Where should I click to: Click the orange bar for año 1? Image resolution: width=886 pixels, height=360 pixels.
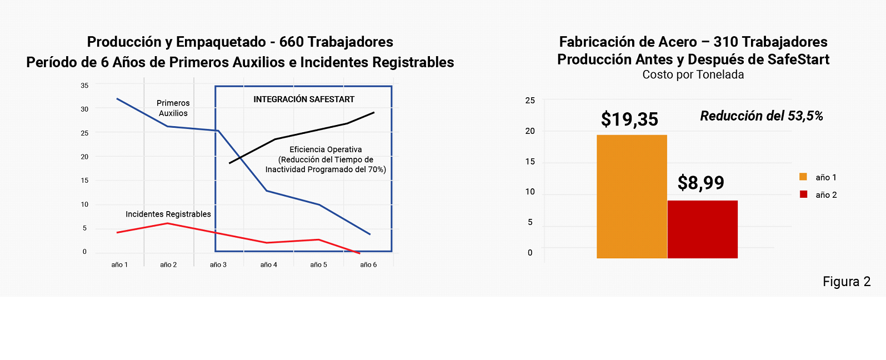632,197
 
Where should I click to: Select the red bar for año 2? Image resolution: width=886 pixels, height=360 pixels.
703,229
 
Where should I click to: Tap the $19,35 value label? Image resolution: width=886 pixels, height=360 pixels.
629,119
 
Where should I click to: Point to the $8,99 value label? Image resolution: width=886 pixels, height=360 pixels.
701,183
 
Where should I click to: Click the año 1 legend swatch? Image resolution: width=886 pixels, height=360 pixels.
803,177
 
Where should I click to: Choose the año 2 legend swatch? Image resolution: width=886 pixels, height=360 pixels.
803,194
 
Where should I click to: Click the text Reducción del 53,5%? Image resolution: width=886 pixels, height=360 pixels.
761,116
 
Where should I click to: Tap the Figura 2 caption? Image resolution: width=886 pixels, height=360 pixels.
846,282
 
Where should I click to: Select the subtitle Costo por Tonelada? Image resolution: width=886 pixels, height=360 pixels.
693,74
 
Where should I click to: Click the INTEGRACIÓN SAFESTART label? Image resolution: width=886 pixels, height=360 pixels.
304,99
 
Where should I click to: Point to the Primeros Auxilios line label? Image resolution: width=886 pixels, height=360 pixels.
173,108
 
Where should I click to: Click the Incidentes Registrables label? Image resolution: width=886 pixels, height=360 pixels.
168,214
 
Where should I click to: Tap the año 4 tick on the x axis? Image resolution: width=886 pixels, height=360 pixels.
269,265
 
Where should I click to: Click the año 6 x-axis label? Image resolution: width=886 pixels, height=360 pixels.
368,265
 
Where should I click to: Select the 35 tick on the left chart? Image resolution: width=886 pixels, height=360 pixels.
84,86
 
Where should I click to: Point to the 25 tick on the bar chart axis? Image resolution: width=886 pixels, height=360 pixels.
530,101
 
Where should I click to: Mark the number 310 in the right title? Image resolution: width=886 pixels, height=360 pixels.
725,42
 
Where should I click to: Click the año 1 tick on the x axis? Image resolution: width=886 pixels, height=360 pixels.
119,265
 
